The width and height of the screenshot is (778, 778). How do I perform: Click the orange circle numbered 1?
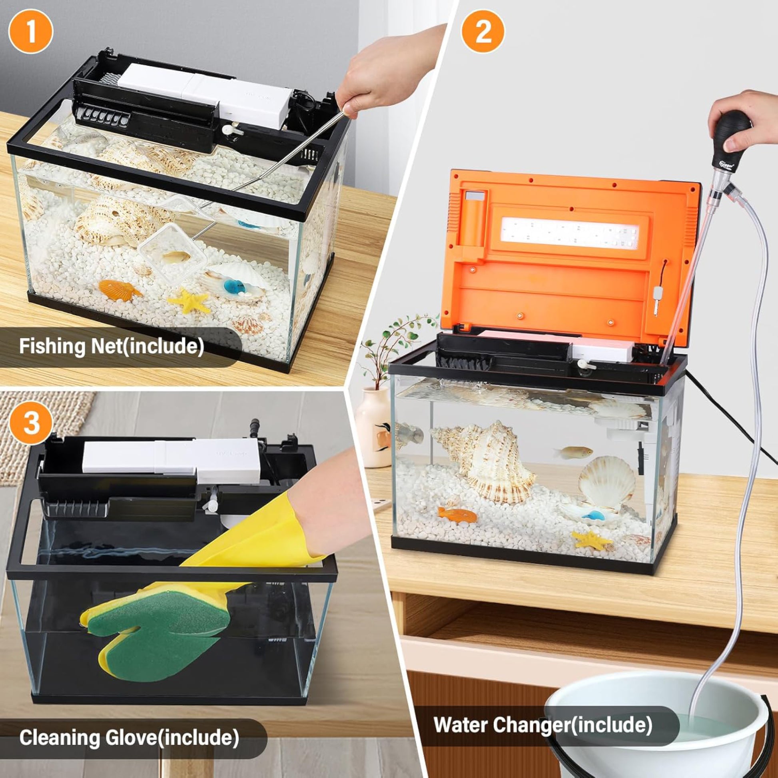click(31, 32)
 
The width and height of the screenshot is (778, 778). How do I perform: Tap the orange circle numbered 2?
click(483, 32)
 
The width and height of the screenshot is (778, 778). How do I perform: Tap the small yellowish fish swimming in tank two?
click(573, 451)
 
